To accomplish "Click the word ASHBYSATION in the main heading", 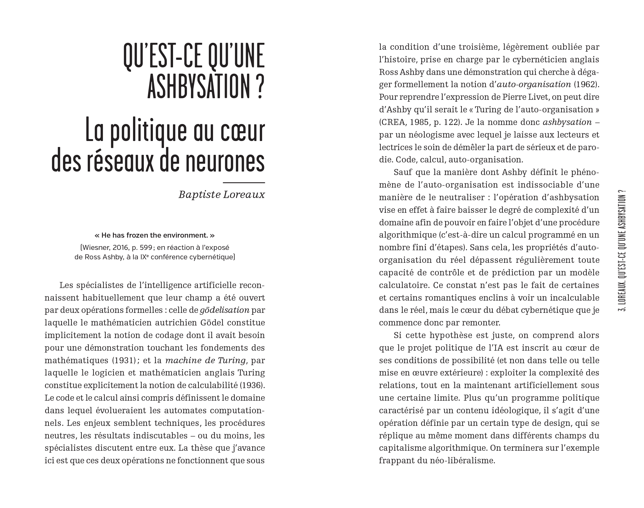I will pyautogui.click(x=200, y=86).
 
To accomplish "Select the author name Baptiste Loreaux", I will pyautogui.click(x=221, y=195).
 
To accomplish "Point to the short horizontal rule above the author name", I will pyautogui.click(x=244, y=183).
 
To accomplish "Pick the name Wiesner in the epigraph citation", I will pyautogui.click(x=96, y=247).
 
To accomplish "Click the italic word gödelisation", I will pyautogui.click(x=225, y=310).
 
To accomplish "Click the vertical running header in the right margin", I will pyautogui.click(x=621, y=255).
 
